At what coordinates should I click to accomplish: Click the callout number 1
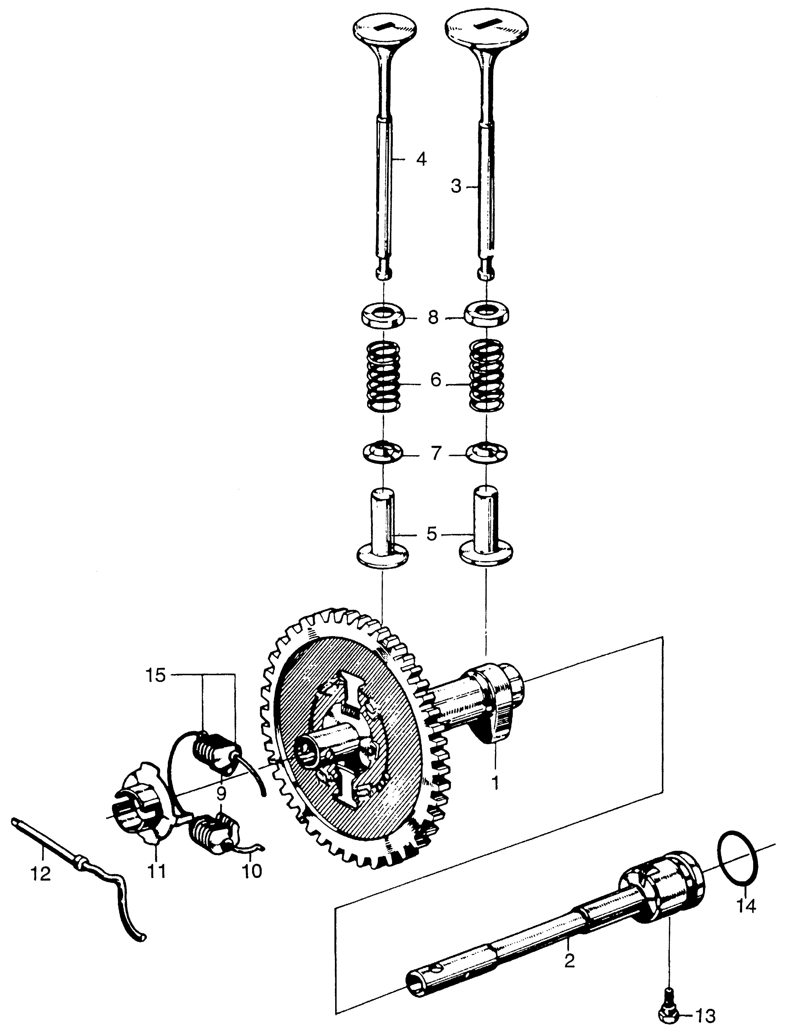point(494,783)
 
